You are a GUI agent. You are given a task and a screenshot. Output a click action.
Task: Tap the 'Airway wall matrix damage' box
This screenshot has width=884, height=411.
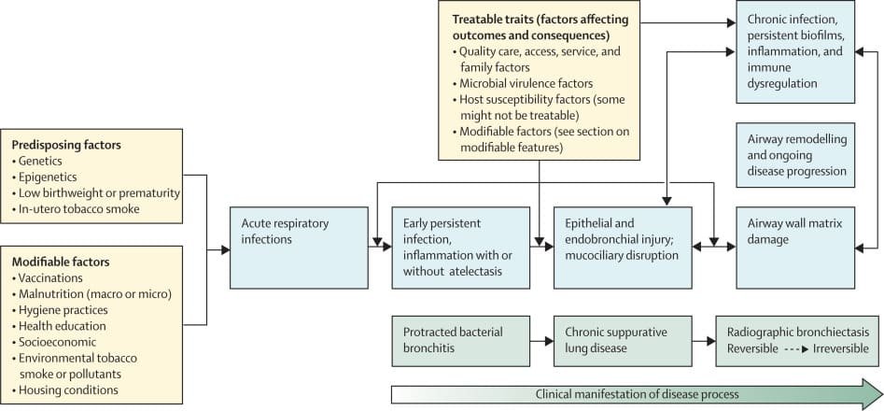(x=795, y=247)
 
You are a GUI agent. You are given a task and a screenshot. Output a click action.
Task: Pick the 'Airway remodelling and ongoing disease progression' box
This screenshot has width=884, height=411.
(x=795, y=153)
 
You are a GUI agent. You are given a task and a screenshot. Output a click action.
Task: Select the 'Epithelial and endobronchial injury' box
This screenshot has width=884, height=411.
(x=623, y=247)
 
